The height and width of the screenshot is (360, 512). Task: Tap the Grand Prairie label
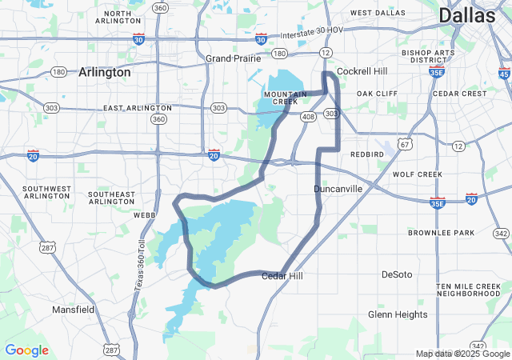click(x=230, y=58)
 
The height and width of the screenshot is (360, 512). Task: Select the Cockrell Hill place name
click(x=362, y=71)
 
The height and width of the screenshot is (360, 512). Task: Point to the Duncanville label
click(x=338, y=189)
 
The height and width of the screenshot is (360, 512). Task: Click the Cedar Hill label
click(x=284, y=276)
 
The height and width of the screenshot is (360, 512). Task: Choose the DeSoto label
click(x=397, y=274)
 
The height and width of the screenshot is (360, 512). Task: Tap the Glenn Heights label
click(x=398, y=314)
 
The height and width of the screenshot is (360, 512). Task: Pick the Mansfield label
click(x=74, y=309)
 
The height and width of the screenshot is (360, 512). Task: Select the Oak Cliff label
click(x=377, y=94)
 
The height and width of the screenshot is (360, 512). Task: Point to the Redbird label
click(x=366, y=153)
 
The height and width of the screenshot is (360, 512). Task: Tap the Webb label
click(x=145, y=214)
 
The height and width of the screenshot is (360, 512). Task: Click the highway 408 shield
click(x=308, y=116)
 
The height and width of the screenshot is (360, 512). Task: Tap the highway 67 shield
click(x=406, y=144)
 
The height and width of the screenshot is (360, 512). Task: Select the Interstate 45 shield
click(x=503, y=73)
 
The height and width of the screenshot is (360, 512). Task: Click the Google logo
click(x=26, y=350)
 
